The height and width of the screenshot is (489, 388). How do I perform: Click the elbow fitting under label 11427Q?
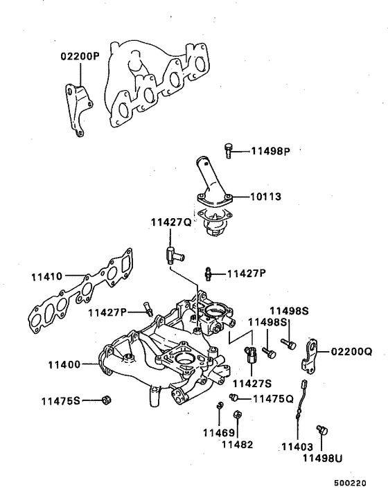click(x=172, y=254)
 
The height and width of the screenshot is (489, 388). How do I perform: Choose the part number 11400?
click(x=65, y=363)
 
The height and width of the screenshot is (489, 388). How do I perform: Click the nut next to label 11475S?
click(x=106, y=400)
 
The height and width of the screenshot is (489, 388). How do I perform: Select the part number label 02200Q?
click(x=350, y=351)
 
